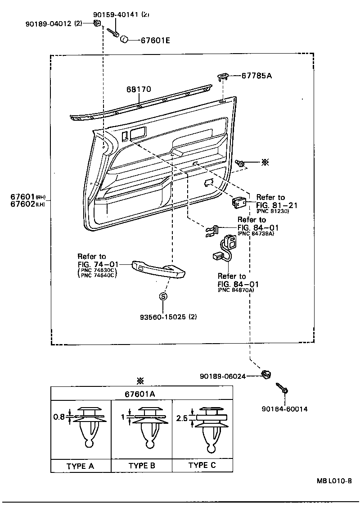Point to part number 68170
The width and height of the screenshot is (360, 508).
coord(139,90)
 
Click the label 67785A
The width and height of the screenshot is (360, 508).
coord(256,76)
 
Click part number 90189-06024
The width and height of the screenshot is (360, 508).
coord(224,376)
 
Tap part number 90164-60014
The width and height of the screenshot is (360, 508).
coord(284,409)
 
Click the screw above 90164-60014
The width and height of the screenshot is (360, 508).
coord(283,388)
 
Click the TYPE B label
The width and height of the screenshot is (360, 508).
coord(142,466)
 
